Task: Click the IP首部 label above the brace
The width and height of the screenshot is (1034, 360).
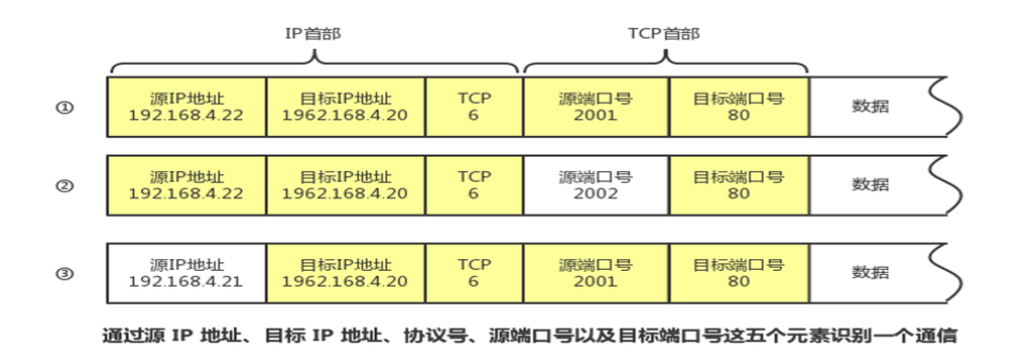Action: (x=312, y=34)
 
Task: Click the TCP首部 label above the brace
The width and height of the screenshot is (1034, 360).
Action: (x=664, y=34)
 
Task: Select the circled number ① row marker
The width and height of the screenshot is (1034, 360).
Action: (x=66, y=108)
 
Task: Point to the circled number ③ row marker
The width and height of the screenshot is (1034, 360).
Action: (x=66, y=273)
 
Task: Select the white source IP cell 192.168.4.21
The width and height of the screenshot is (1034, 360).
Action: (x=186, y=273)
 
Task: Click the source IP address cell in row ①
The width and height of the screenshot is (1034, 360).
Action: (x=186, y=108)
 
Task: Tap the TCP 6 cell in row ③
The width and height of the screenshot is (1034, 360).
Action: (x=473, y=273)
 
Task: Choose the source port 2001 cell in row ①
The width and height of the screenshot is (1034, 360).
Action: (x=596, y=108)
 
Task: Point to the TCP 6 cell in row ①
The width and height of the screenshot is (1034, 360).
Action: (x=473, y=108)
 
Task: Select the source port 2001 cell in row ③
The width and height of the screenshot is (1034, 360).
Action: (x=596, y=273)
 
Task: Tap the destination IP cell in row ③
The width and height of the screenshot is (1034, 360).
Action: (x=345, y=273)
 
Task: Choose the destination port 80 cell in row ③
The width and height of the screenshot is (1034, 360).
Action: (x=739, y=273)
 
